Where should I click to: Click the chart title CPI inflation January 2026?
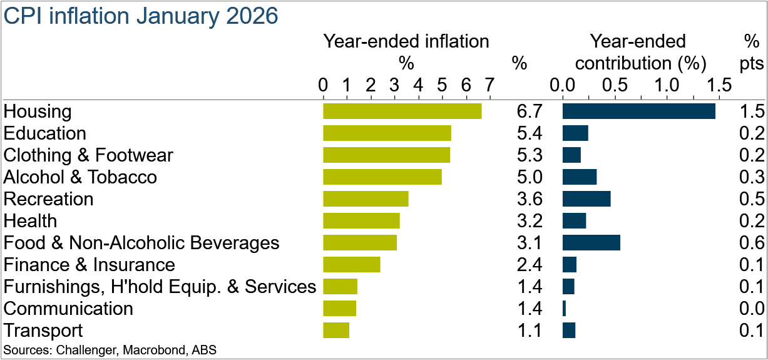(x=140, y=16)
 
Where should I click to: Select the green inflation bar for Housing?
(x=402, y=111)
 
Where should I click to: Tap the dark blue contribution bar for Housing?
(x=638, y=111)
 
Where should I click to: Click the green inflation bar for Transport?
(x=336, y=331)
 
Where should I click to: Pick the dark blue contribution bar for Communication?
(x=564, y=309)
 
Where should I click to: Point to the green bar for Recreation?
(x=366, y=199)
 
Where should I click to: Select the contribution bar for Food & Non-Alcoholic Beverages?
(x=591, y=243)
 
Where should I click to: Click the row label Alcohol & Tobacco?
(x=80, y=177)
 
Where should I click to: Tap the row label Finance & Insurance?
(x=89, y=265)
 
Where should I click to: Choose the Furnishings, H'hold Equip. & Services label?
(x=160, y=287)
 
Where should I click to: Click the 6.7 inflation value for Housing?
(x=529, y=111)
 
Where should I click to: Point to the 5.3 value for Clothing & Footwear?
(x=529, y=155)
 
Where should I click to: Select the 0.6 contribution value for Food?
(x=752, y=243)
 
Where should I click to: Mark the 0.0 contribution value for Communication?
(x=752, y=309)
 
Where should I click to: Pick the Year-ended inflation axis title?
(x=406, y=41)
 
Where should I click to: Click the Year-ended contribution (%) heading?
(x=640, y=53)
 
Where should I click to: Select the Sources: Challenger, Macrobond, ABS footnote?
(x=110, y=349)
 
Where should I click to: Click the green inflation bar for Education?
(x=387, y=133)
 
